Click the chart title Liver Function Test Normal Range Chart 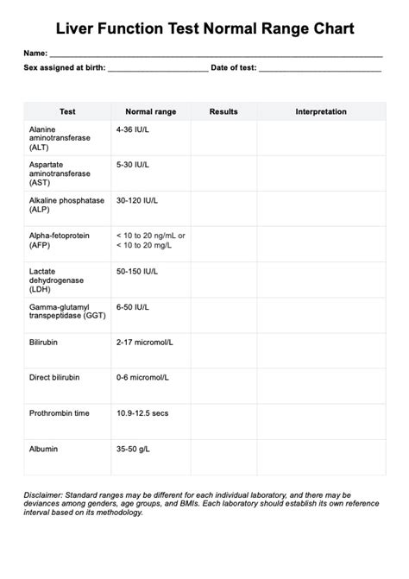(x=204, y=30)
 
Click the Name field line (x=216, y=54)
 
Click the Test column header (x=67, y=112)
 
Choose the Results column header (x=223, y=112)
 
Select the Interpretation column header (x=321, y=112)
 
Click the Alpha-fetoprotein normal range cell (x=151, y=240)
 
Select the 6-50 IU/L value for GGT (x=133, y=307)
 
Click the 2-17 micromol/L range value (x=144, y=343)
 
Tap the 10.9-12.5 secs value (x=142, y=413)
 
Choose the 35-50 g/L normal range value (x=135, y=449)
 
